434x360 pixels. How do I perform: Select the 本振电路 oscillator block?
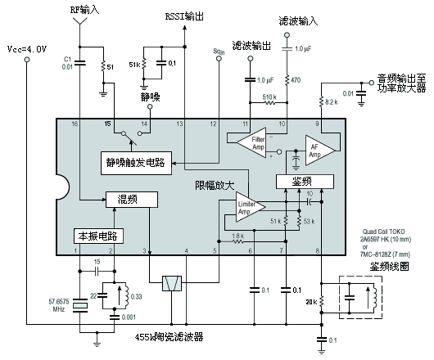(97, 235)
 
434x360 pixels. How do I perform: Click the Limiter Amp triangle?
(246, 209)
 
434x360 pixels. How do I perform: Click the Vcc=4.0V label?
(27, 49)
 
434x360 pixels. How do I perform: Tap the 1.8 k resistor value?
(237, 236)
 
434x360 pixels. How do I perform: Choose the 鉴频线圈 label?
(390, 266)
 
